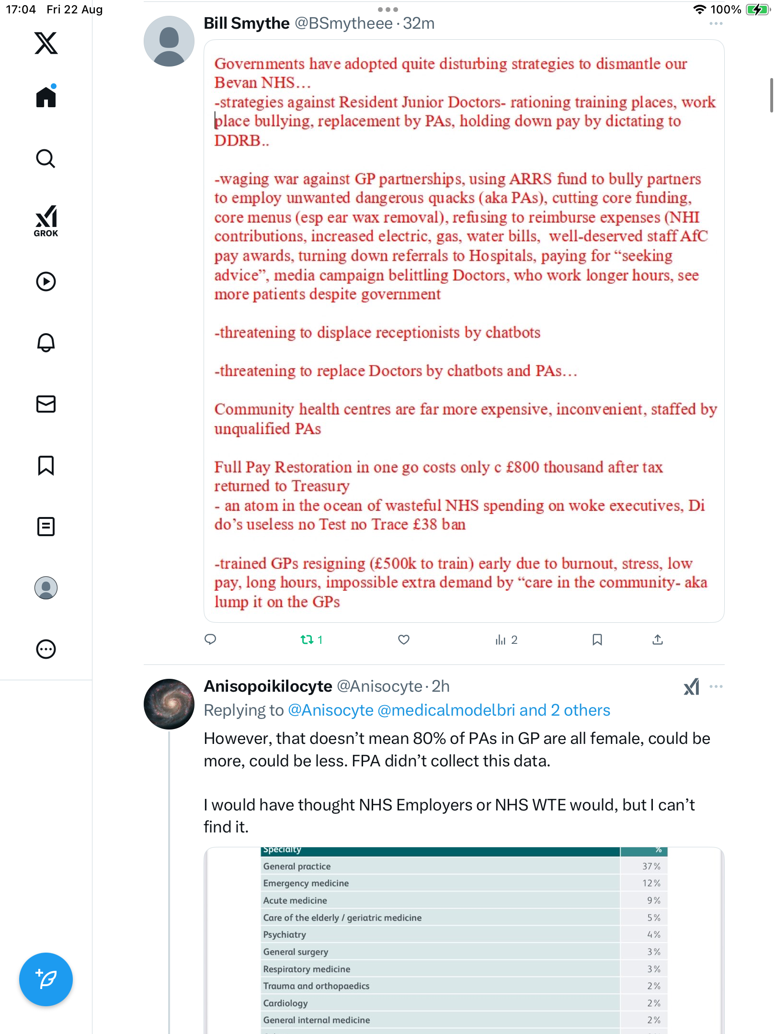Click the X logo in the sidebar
click(46, 43)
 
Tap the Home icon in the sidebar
click(46, 97)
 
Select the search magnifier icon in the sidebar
click(46, 158)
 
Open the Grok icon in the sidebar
click(46, 221)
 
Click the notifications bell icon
click(46, 343)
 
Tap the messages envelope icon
click(46, 404)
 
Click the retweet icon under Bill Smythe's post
click(307, 640)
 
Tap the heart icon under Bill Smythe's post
click(404, 640)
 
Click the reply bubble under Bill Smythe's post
click(210, 640)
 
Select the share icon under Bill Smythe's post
click(658, 640)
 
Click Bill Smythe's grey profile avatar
click(169, 41)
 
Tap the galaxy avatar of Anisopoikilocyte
click(169, 704)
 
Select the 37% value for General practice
click(651, 866)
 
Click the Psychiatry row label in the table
click(285, 934)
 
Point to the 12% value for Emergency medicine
click(651, 883)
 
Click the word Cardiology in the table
click(285, 1003)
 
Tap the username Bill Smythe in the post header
click(247, 23)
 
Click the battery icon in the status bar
click(757, 10)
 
